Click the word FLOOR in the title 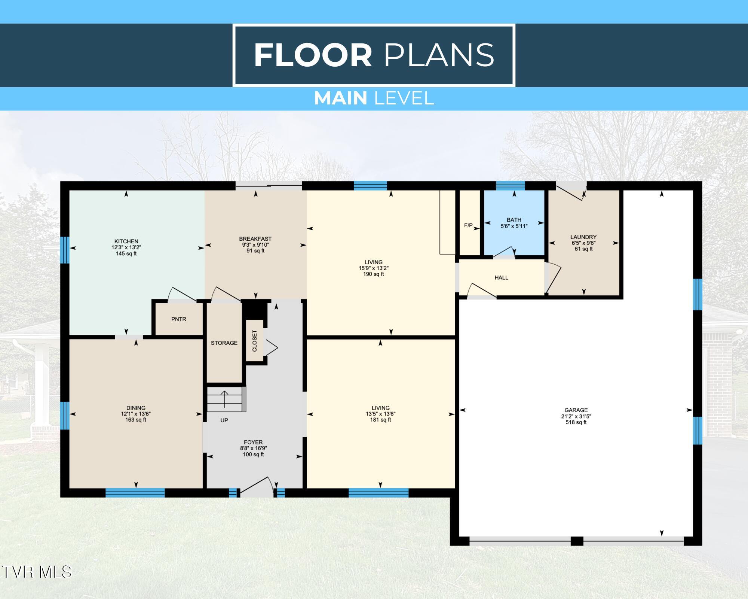313,55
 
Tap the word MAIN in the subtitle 340,98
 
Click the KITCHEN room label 126,241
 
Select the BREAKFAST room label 255,239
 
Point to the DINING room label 136,408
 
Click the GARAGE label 576,410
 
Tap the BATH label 514,220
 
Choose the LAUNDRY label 583,237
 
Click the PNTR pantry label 179,319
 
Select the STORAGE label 224,343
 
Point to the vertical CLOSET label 255,341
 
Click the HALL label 501,278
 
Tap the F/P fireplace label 468,225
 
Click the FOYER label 253,442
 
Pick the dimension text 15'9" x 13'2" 373,268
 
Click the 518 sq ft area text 576,422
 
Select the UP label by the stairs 224,420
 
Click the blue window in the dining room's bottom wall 135,493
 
